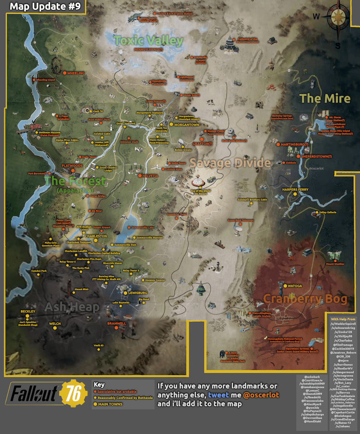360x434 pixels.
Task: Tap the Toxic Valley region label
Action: (148, 40)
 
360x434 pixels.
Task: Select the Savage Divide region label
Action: (230, 163)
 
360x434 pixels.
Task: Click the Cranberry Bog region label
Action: (304, 299)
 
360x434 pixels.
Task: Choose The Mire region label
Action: (325, 98)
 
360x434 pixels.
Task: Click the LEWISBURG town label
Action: (138, 293)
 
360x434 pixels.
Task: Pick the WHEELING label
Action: (76, 73)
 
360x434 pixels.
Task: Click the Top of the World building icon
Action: (198, 181)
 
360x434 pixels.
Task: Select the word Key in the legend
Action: (99, 384)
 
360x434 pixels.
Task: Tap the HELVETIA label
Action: (150, 176)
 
